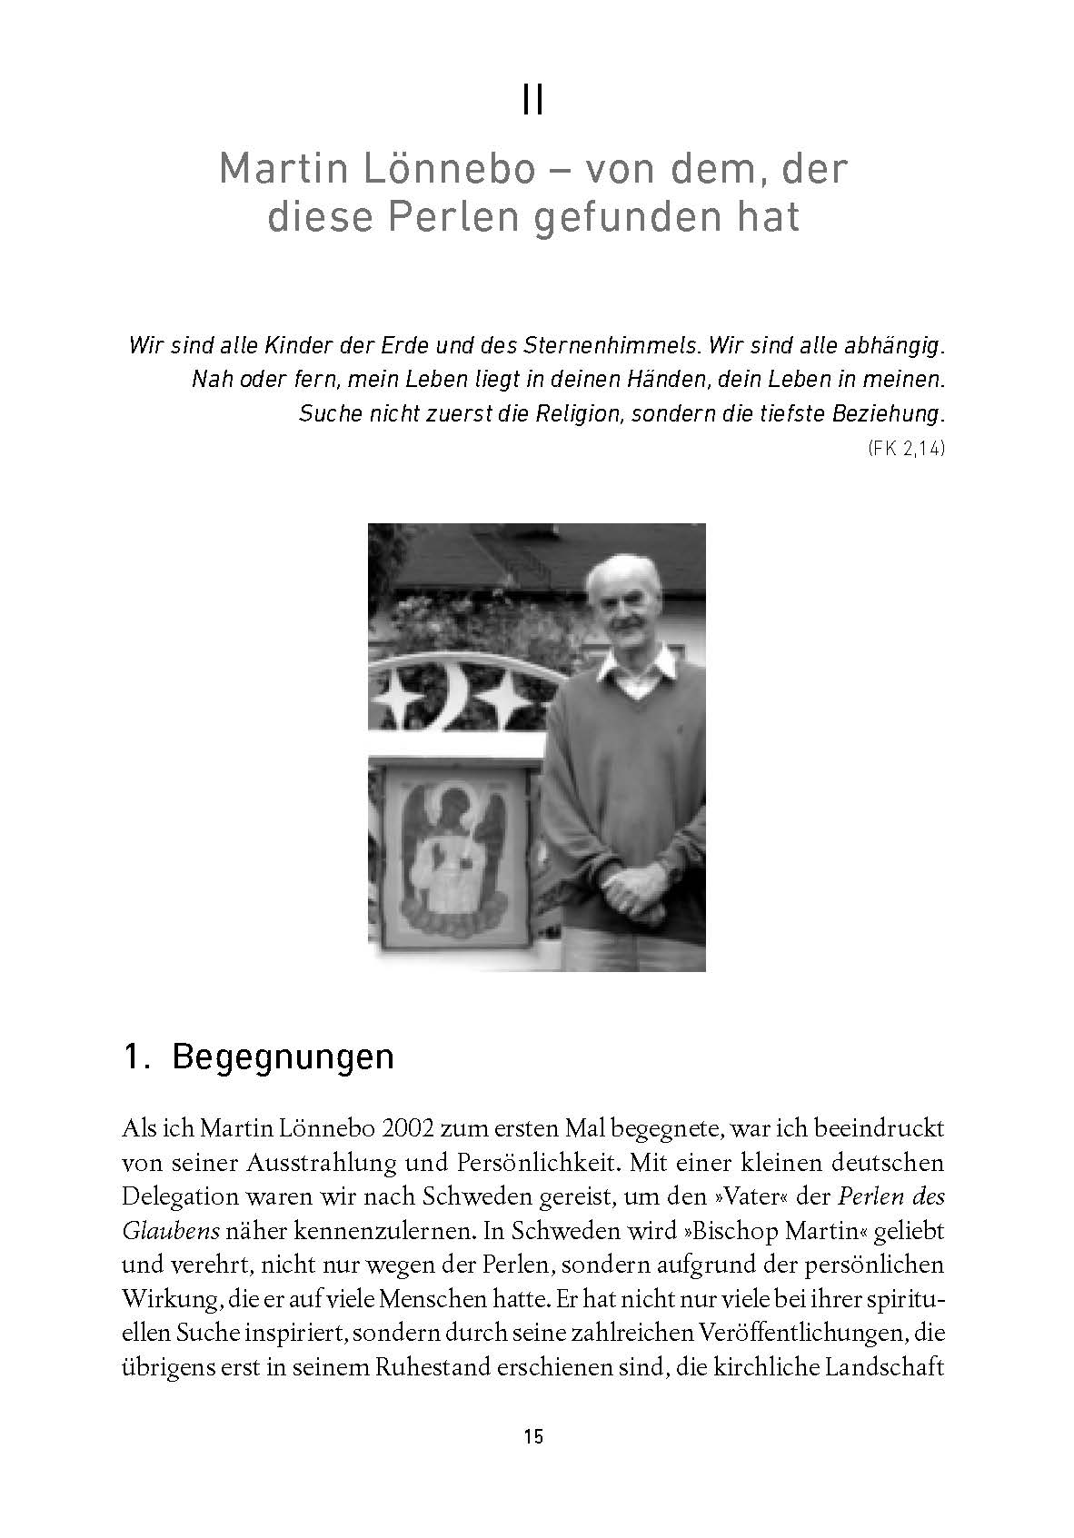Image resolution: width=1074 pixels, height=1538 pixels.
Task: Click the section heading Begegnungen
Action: (x=282, y=1057)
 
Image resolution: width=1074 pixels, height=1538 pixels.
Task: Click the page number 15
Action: (x=533, y=1436)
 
